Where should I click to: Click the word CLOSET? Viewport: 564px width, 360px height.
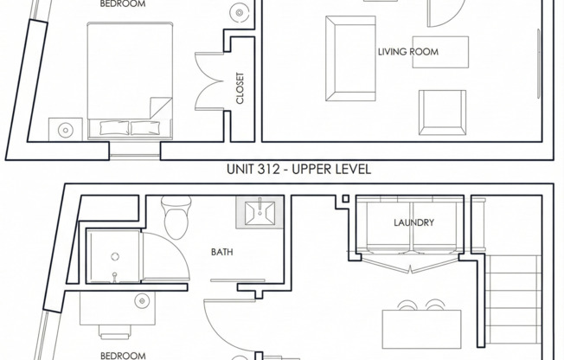pyautogui.click(x=240, y=87)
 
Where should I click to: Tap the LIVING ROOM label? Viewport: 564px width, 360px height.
pyautogui.click(x=407, y=52)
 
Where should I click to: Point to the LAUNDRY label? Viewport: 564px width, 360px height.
pyautogui.click(x=413, y=222)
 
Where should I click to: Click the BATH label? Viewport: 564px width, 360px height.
pyautogui.click(x=222, y=253)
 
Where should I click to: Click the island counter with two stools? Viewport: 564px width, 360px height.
pyautogui.click(x=421, y=326)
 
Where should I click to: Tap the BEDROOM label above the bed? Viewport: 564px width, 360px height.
pyautogui.click(x=122, y=4)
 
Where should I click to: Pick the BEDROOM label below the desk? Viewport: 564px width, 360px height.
pyautogui.click(x=122, y=355)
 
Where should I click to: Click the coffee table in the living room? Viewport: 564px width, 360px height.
pyautogui.click(x=439, y=51)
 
